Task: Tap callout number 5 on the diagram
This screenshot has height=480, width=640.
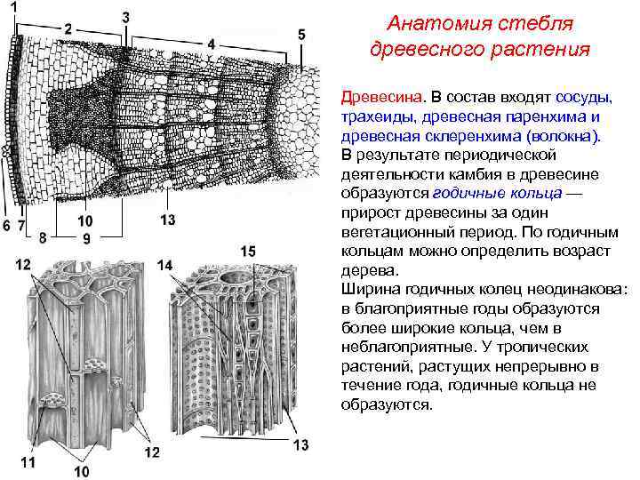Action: tap(301, 34)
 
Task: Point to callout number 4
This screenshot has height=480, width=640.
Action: tap(211, 43)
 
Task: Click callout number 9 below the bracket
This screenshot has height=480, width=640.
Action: tap(86, 238)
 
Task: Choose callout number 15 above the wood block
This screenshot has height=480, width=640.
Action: tap(248, 252)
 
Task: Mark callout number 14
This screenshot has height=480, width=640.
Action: tap(165, 265)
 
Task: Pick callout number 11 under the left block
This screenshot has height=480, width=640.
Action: tap(29, 461)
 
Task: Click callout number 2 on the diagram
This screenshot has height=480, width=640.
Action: tap(68, 28)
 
